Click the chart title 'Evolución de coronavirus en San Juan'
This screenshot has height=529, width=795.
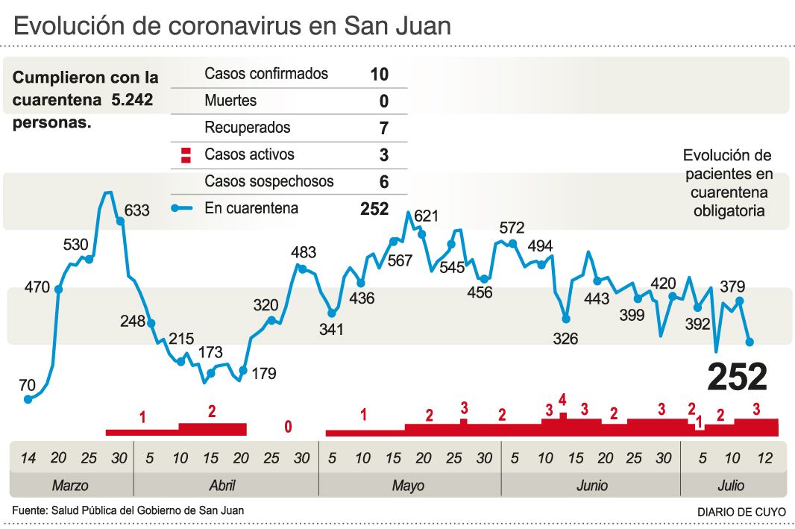pyautogui.click(x=232, y=26)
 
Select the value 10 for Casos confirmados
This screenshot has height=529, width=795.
pyautogui.click(x=379, y=74)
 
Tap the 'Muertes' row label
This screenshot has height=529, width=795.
pyautogui.click(x=230, y=101)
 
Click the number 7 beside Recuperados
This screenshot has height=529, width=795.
pyautogui.click(x=383, y=128)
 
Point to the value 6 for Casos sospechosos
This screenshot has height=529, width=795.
pyautogui.click(x=383, y=182)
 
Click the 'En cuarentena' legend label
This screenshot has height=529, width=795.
pyautogui.click(x=251, y=209)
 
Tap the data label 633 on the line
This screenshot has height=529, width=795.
pyautogui.click(x=137, y=210)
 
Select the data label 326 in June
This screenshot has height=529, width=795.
pyautogui.click(x=565, y=339)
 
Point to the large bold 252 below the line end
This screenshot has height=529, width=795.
pyautogui.click(x=737, y=378)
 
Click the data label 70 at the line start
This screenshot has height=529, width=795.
pyautogui.click(x=27, y=385)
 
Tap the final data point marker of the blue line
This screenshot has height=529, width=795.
pyautogui.click(x=750, y=342)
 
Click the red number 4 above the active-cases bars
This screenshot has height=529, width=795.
pyautogui.click(x=562, y=399)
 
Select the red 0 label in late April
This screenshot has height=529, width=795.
pyautogui.click(x=288, y=428)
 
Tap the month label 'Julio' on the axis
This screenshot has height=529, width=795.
pyautogui.click(x=731, y=486)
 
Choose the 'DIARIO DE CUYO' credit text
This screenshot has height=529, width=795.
pyautogui.click(x=741, y=512)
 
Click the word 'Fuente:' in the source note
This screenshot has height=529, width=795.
pyautogui.click(x=28, y=511)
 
